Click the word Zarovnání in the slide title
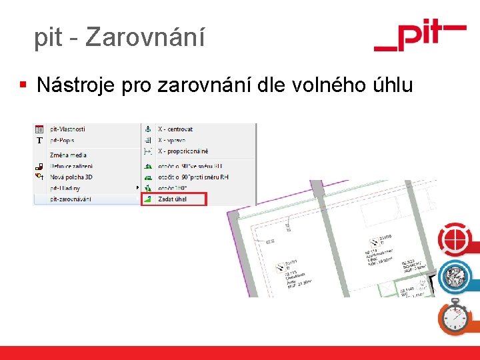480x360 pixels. point(145,38)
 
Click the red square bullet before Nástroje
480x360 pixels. point(23,85)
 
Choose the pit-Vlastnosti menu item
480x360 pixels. point(67,129)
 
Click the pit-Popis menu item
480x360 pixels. point(62,140)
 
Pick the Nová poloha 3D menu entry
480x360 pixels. point(72,177)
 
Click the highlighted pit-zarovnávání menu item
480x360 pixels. point(71,199)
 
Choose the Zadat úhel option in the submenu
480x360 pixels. point(172,199)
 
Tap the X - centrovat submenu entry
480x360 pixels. point(175,129)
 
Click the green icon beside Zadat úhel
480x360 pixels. point(148,199)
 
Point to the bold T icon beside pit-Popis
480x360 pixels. point(39,141)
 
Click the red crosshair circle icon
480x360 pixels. point(454,241)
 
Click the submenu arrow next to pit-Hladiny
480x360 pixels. point(138,188)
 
